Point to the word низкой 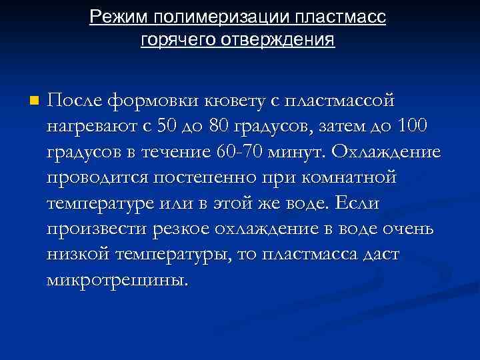pyautogui.click(x=77, y=254)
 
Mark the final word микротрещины pyautogui.click(x=114, y=279)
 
